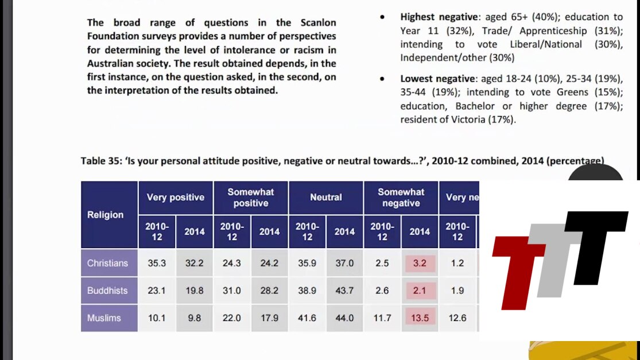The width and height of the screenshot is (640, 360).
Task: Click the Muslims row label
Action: [104, 318]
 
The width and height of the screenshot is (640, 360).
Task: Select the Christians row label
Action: [107, 263]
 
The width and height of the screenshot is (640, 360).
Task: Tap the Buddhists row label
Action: [107, 291]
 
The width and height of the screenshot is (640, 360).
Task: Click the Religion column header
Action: [106, 215]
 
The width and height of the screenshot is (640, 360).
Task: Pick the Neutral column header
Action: [325, 197]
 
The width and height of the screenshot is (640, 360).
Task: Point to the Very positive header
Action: [175, 197]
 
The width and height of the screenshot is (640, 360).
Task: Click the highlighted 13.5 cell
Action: [420, 318]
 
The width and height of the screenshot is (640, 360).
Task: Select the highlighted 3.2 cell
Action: [420, 263]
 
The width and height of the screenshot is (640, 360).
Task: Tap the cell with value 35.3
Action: [157, 263]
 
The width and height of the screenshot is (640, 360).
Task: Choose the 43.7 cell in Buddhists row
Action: [344, 291]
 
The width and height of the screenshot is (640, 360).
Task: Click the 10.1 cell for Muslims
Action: [157, 318]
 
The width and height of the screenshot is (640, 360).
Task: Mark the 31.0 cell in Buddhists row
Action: [232, 291]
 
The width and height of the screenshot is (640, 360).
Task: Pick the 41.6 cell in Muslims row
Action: [307, 318]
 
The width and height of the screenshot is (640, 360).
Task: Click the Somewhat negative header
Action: [401, 197]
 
